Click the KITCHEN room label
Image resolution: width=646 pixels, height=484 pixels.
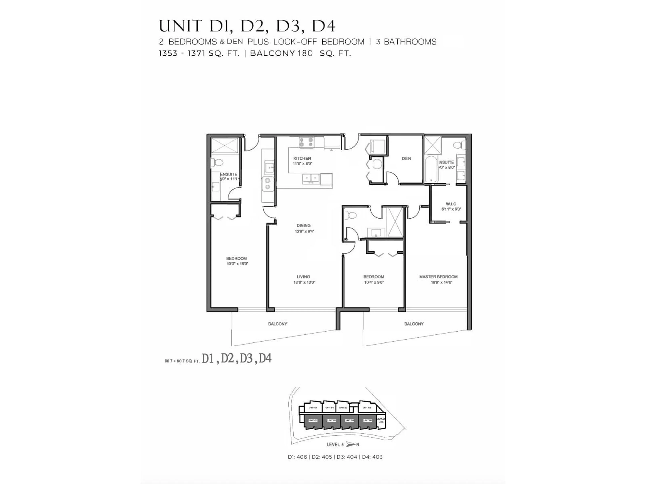pyautogui.click(x=302, y=158)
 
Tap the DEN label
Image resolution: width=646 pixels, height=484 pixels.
pyautogui.click(x=406, y=159)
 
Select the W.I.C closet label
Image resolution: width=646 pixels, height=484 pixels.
pyautogui.click(x=451, y=204)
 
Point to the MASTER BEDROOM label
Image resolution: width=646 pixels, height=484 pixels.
pyautogui.click(x=438, y=277)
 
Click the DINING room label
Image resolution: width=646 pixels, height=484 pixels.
pyautogui.click(x=303, y=225)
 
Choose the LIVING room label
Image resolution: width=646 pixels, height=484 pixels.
pyautogui.click(x=303, y=277)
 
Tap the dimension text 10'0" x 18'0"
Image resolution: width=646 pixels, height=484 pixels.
pyautogui.click(x=237, y=264)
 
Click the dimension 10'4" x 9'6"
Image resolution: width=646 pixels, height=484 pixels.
pyautogui.click(x=374, y=282)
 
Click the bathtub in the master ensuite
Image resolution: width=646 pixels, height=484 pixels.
pyautogui.click(x=431, y=169)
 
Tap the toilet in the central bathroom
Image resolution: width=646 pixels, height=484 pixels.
pyautogui.click(x=351, y=215)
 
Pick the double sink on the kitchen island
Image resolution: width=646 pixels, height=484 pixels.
pyautogui.click(x=311, y=178)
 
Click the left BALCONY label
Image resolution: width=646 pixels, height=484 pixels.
pyautogui.click(x=277, y=324)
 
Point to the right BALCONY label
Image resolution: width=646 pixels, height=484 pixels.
pyautogui.click(x=414, y=324)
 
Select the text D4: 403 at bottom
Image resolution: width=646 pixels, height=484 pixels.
pyautogui.click(x=372, y=457)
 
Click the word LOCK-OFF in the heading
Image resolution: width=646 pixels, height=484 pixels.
pyautogui.click(x=295, y=42)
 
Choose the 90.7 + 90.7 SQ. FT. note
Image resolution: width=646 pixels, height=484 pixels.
pyautogui.click(x=182, y=361)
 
